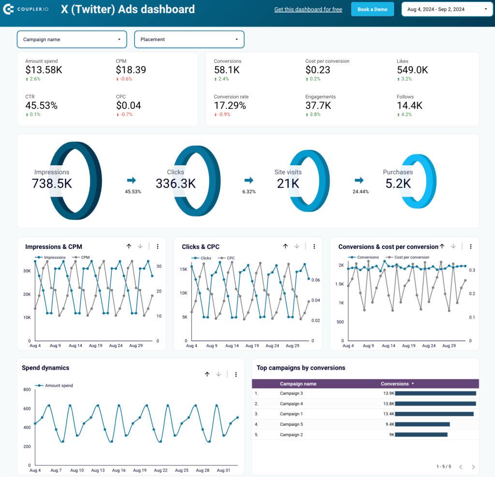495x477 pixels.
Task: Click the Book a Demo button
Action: pos(372,9)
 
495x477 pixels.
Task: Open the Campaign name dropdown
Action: pos(72,40)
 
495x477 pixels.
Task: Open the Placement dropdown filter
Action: pos(189,40)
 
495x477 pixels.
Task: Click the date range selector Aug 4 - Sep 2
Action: pos(447,9)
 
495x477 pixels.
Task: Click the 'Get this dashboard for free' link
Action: pos(308,9)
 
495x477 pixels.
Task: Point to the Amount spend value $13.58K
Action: pos(44,70)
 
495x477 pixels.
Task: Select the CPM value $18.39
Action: pos(131,70)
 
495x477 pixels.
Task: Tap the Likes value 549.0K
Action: pos(412,70)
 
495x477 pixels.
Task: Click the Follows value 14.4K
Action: pos(409,105)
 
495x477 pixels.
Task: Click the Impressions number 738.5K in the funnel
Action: pos(52,184)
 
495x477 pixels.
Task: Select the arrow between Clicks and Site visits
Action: pos(249,180)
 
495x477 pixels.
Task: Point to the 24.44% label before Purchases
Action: pos(361,192)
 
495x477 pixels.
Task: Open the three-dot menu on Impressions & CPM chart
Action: pos(158,246)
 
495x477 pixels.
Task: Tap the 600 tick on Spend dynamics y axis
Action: pos(27,409)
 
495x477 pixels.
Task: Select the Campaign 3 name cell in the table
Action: pos(291,393)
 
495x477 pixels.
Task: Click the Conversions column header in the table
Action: pos(395,384)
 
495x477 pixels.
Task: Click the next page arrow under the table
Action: pos(473,467)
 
